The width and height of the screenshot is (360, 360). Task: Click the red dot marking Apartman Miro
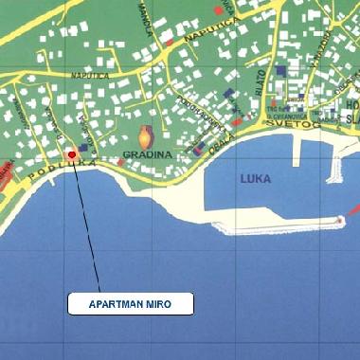72,153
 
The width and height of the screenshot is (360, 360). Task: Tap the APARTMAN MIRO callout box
131,303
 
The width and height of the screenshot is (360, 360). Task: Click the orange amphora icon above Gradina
146,136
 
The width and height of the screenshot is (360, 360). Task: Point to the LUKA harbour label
256,177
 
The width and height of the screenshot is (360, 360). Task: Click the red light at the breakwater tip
339,219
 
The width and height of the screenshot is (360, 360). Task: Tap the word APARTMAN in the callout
117,304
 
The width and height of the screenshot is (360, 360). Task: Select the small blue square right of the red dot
84,148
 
